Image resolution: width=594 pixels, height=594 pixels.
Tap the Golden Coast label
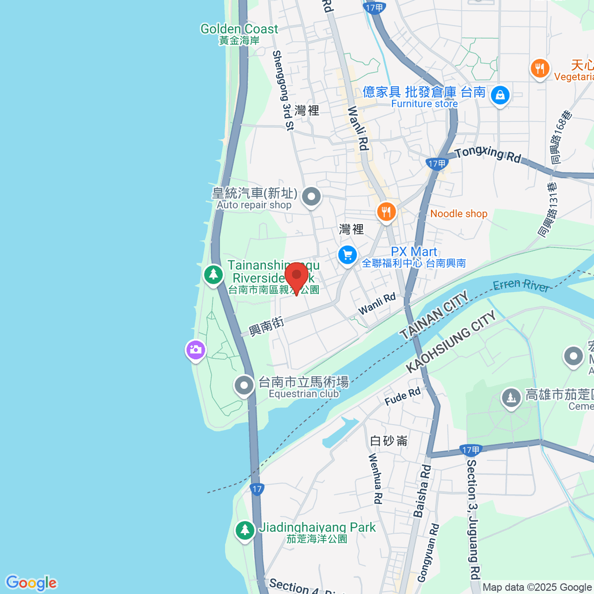(239, 30)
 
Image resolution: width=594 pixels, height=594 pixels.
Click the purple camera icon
(196, 350)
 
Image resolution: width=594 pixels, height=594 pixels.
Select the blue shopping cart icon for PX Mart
(347, 256)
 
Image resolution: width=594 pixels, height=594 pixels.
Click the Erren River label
(521, 285)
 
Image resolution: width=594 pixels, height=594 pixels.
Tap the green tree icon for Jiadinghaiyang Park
(245, 531)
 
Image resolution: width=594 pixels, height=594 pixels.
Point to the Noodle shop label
(458, 214)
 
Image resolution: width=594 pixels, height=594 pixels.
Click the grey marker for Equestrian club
(244, 386)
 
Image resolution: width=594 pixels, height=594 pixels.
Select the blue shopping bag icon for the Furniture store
(500, 95)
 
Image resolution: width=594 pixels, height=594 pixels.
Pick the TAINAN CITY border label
(434, 315)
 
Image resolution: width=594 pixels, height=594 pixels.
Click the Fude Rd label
(402, 396)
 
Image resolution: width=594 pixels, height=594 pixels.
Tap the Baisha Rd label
(422, 491)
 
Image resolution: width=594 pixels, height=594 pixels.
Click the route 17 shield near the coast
(256, 489)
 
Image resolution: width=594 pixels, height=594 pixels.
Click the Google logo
(31, 583)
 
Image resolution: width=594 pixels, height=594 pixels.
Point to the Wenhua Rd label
(376, 479)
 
